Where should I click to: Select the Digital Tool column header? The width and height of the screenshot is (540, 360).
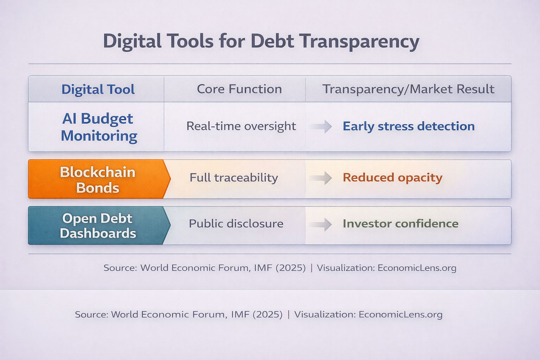point(98,89)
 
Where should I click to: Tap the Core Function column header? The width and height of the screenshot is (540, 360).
point(239,89)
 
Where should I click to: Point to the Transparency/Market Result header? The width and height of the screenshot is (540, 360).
point(408,89)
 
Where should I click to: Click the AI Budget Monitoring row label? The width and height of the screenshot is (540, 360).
point(98,127)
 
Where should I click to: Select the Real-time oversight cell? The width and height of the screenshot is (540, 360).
point(241,126)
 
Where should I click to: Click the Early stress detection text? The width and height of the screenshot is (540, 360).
point(409,126)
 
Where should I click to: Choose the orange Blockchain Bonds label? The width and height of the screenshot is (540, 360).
point(97,180)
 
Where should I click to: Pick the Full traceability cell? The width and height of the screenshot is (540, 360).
point(234,178)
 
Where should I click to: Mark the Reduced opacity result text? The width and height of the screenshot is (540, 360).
point(392,178)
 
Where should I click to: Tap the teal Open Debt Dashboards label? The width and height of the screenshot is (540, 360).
point(97,226)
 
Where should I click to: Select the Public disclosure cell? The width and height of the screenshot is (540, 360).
point(236,224)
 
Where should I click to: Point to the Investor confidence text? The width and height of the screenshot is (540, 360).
point(400,224)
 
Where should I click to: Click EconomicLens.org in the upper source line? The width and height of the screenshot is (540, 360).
point(417,268)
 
